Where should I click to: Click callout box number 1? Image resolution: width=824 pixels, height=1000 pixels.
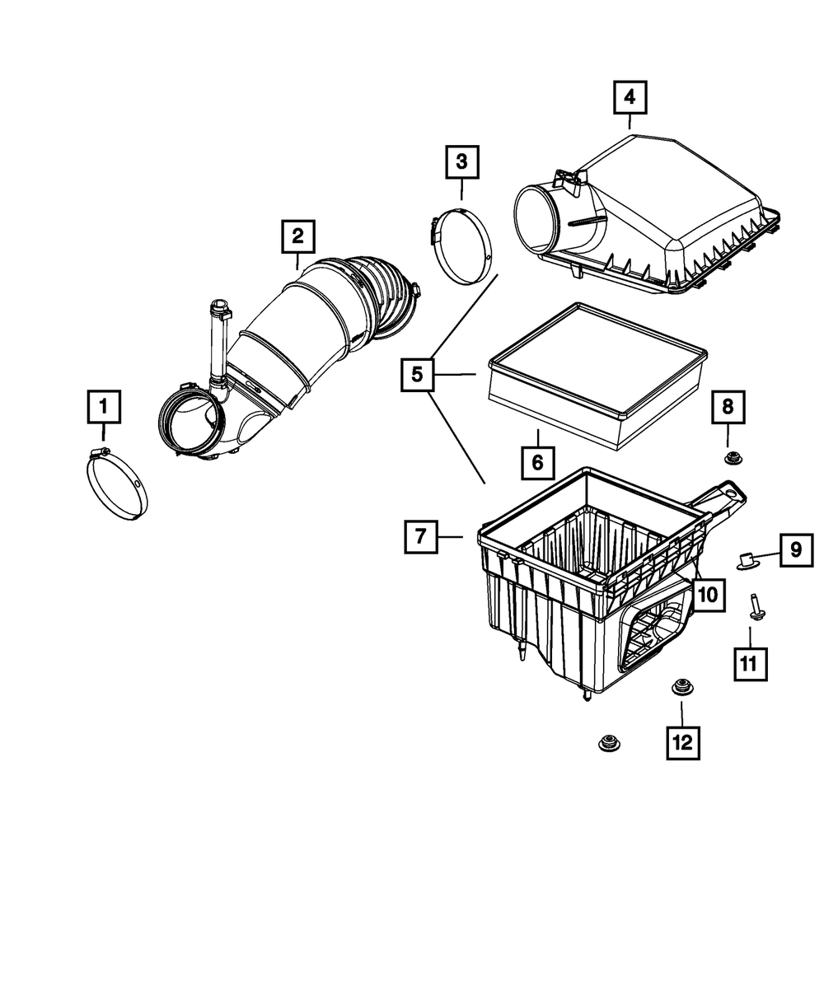coord(104,406)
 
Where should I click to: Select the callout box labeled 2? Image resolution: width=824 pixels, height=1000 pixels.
coord(297,237)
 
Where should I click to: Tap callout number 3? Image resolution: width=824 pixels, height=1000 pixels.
coord(461,161)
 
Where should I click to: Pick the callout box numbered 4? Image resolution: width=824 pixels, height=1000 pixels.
coord(630,98)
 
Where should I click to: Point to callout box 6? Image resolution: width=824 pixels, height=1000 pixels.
coord(536,462)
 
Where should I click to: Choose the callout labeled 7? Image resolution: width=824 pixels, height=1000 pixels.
coord(421,536)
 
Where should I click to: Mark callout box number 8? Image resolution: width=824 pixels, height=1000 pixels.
coord(728,406)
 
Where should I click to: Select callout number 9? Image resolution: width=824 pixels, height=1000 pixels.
coord(796,549)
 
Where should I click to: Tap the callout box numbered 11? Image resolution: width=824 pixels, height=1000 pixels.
coord(750,663)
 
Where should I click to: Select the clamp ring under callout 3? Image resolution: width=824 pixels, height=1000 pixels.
coord(462,246)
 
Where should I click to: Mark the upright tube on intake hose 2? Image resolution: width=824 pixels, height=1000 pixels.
coord(218,346)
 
